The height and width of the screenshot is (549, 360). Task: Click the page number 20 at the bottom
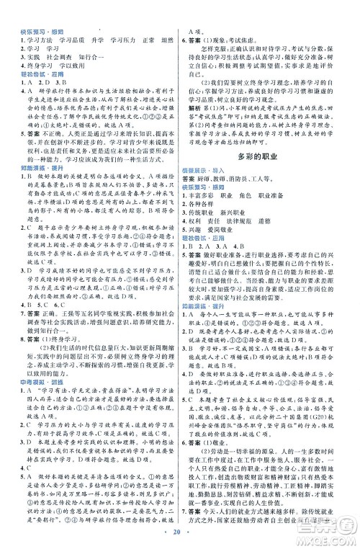point(179,535)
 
